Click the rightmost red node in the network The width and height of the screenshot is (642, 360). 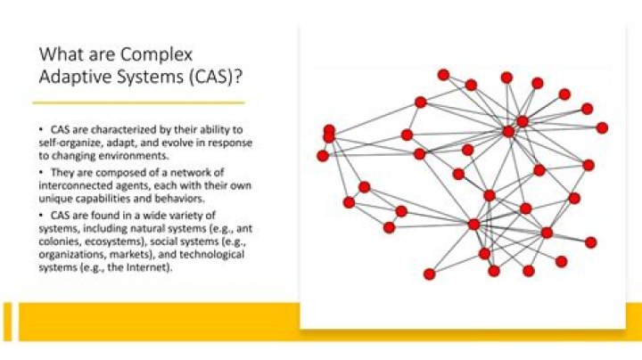point(602,127)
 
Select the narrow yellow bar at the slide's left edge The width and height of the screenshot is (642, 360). point(7,322)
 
